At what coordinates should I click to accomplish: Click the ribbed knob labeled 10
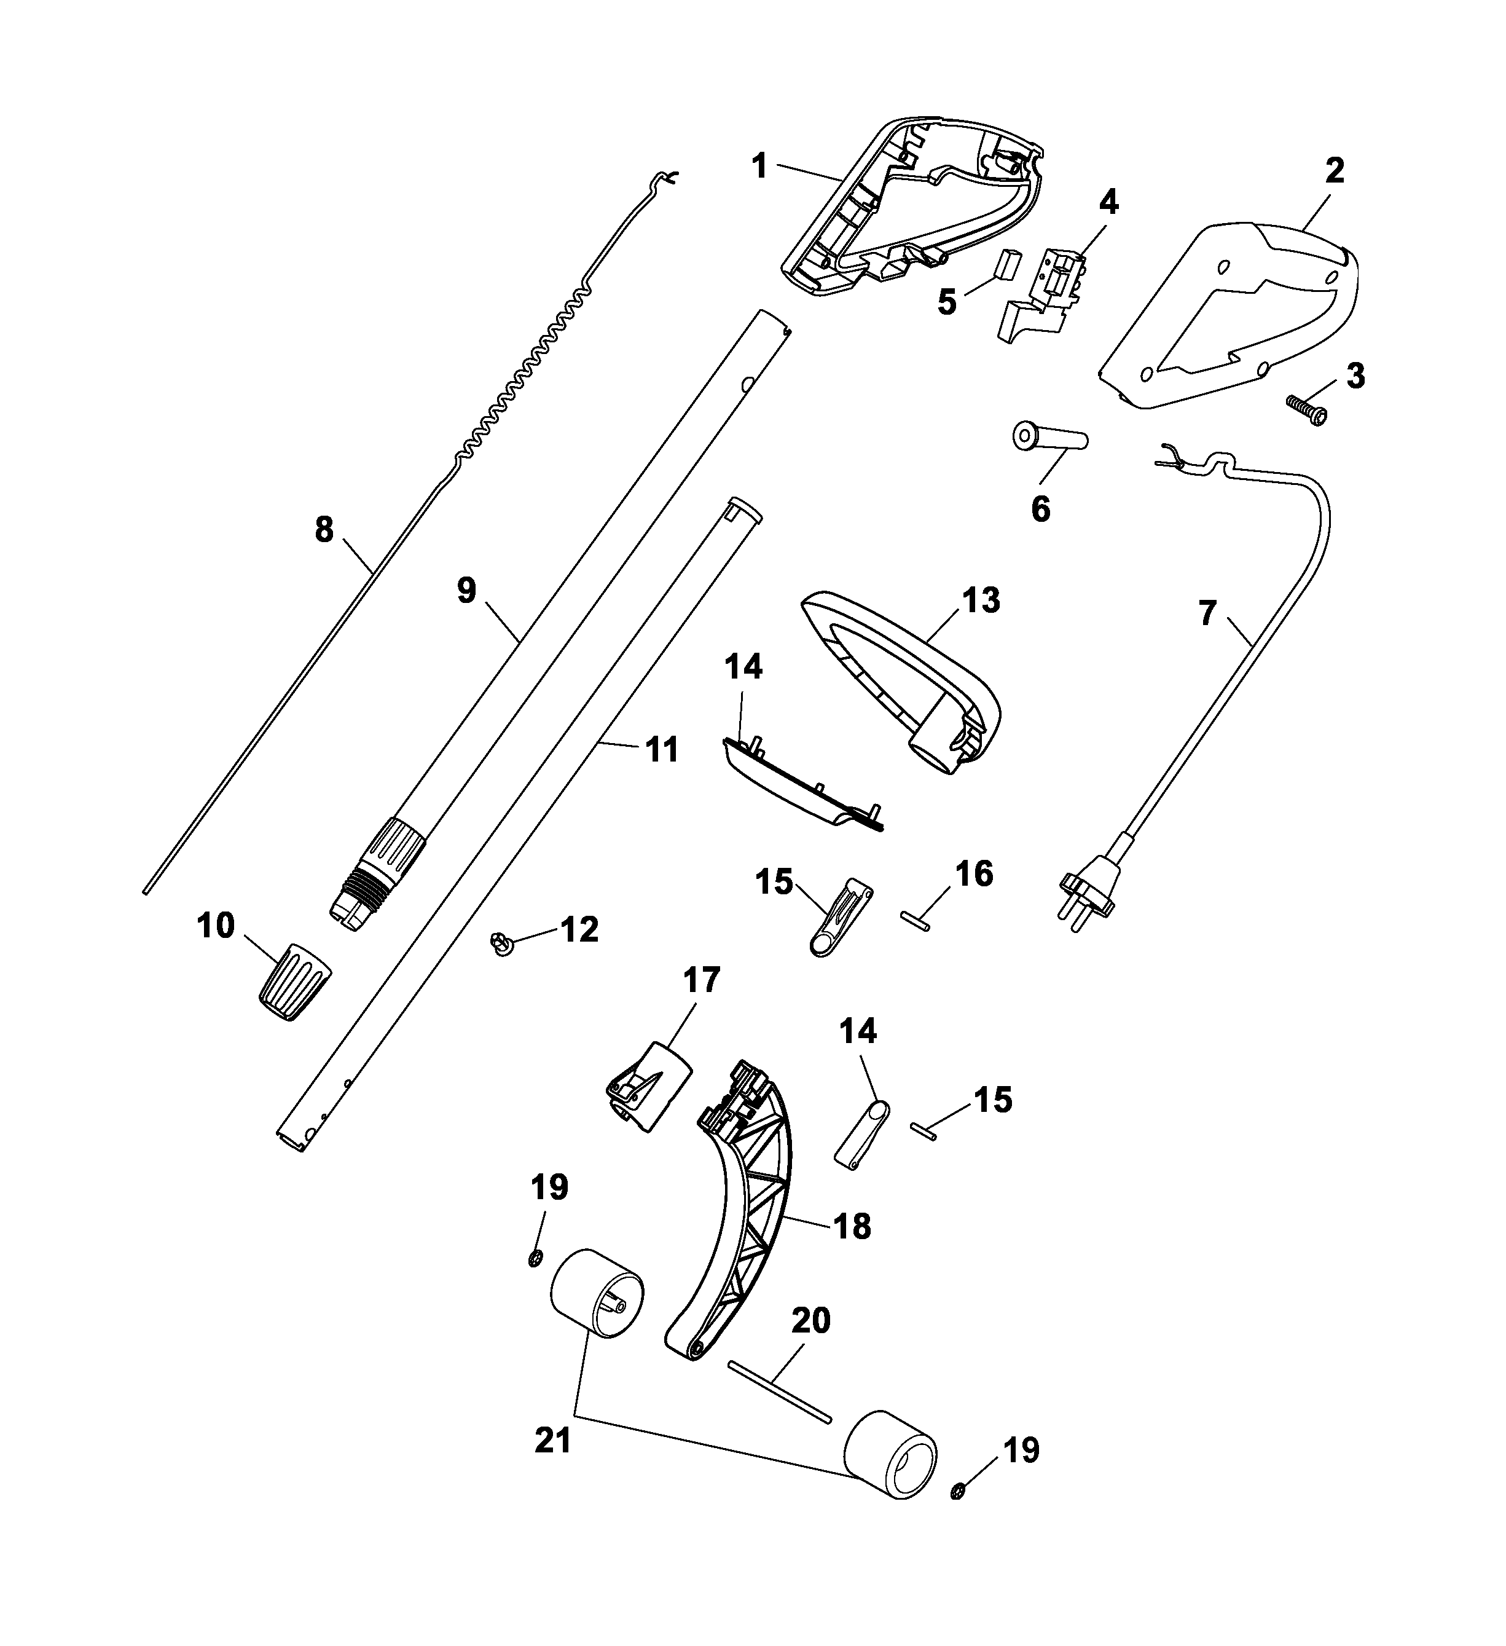coord(295,979)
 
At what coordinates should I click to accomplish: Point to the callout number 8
coord(324,530)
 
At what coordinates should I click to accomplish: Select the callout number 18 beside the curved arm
coord(852,1249)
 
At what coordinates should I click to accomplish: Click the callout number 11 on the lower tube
coord(662,749)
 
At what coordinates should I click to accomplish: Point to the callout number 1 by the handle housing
coord(759,167)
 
